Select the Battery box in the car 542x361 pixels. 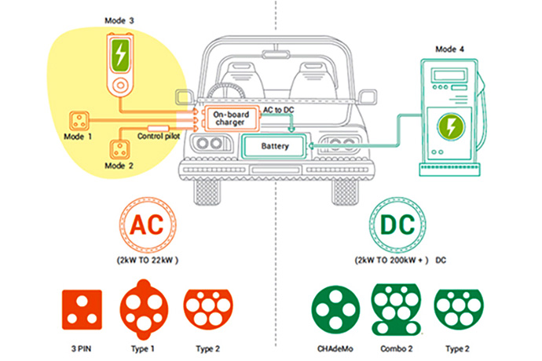tap(276, 147)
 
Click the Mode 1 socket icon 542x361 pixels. tap(80, 121)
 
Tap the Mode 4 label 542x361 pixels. tap(451, 49)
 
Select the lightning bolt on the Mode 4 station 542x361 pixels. tap(451, 129)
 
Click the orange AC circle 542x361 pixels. tap(147, 224)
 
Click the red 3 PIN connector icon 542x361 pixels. tap(82, 309)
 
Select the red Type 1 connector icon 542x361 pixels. tap(145, 309)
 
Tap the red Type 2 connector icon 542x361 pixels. tap(208, 305)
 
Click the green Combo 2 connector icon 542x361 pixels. tap(397, 309)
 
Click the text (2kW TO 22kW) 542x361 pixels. tap(148, 259)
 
